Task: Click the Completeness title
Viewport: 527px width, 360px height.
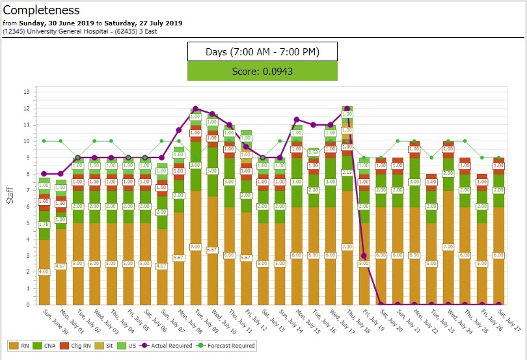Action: click(x=42, y=10)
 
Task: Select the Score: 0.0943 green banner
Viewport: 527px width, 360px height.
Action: click(x=262, y=72)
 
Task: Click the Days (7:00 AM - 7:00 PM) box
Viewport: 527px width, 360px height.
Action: click(x=262, y=51)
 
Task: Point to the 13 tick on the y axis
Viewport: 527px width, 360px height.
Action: click(x=27, y=92)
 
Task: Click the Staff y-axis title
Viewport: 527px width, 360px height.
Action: click(x=10, y=194)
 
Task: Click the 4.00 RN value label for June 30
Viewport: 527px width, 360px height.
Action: click(x=44, y=272)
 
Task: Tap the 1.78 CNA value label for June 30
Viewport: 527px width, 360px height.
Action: click(x=44, y=225)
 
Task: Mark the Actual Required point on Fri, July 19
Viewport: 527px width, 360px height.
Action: click(x=364, y=256)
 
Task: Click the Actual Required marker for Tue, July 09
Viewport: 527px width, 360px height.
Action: click(x=195, y=109)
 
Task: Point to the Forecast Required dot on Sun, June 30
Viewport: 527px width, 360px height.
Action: click(x=44, y=141)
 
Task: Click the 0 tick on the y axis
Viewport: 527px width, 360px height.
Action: click(x=27, y=305)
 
